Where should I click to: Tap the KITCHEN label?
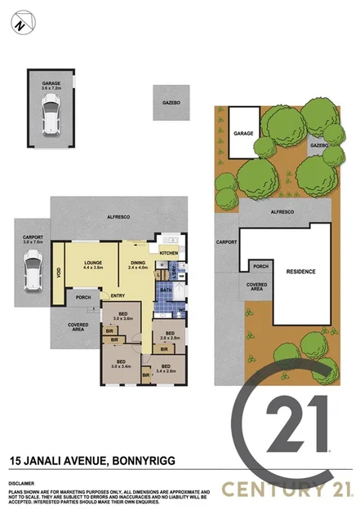click(x=168, y=253)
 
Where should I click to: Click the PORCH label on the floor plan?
click(x=83, y=297)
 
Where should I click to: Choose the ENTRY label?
click(x=118, y=295)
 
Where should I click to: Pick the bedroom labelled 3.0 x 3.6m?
click(x=122, y=317)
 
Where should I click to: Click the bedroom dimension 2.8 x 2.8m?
click(x=170, y=335)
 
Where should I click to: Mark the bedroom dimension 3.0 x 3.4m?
click(x=120, y=364)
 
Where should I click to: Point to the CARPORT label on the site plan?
click(x=226, y=242)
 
